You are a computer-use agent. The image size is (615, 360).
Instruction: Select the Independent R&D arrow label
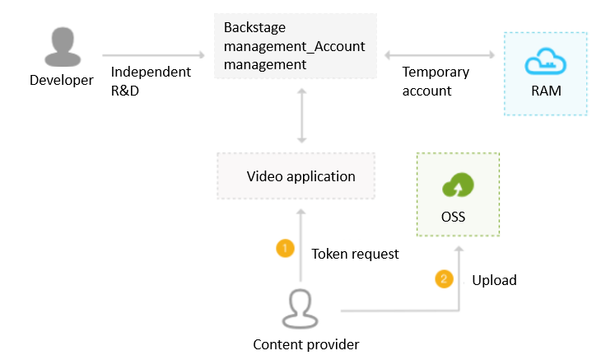(150, 81)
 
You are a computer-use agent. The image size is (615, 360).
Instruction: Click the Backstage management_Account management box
(294, 45)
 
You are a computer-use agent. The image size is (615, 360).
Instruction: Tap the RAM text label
(546, 91)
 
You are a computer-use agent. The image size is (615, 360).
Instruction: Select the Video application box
(295, 175)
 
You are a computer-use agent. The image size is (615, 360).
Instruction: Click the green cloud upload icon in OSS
(459, 186)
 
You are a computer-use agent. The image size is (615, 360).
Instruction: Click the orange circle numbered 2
(445, 279)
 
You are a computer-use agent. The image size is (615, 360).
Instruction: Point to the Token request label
(355, 254)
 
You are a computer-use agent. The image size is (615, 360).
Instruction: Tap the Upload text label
(494, 280)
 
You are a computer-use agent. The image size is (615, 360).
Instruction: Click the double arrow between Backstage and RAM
(440, 55)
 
